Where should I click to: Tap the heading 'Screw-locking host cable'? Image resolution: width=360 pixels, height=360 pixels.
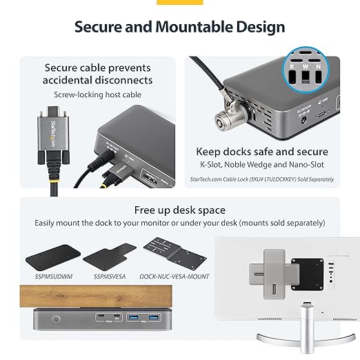(98, 91)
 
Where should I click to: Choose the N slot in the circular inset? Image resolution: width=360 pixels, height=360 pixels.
(318, 76)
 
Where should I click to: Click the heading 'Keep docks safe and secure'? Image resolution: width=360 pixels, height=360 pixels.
(262, 152)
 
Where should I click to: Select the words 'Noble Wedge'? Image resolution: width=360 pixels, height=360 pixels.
(262, 166)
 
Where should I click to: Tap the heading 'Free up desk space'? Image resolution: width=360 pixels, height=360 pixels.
(179, 210)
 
